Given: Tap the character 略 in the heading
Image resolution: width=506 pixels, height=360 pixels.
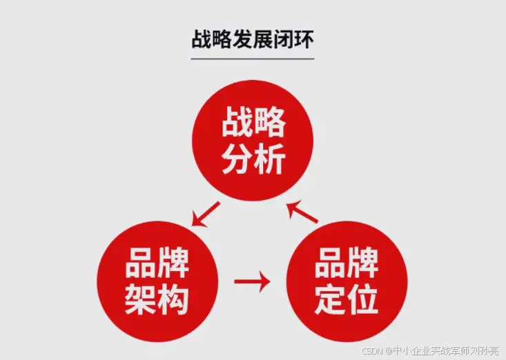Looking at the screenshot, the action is [x=223, y=39].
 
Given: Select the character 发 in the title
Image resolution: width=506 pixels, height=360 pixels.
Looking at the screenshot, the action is [x=244, y=39].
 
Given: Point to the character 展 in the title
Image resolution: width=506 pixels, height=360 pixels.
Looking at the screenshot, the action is [x=264, y=39].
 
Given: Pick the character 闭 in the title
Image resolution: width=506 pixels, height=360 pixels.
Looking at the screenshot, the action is [x=284, y=39].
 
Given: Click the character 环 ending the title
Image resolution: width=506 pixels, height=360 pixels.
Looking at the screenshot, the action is [x=304, y=39].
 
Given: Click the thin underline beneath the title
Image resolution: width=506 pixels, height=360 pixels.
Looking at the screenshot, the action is [x=253, y=59].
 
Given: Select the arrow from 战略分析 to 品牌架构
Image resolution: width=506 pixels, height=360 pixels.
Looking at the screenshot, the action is [x=206, y=214].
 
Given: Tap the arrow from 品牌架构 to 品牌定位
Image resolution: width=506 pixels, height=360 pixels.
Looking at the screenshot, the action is [x=252, y=281].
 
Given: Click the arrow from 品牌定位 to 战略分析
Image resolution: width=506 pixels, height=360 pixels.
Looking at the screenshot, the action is [x=302, y=212].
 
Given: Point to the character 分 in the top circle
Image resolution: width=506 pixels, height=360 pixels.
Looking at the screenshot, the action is [x=237, y=160].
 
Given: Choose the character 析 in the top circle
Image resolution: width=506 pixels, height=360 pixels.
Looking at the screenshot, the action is [x=269, y=160].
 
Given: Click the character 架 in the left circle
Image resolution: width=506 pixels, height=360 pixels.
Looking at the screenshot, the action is [x=140, y=299].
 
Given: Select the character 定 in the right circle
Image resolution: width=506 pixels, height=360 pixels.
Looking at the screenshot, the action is [x=330, y=299].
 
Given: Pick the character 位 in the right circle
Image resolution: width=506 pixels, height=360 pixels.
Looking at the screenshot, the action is [x=362, y=299].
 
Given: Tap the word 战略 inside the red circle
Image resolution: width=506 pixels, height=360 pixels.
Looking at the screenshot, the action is [x=253, y=125].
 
